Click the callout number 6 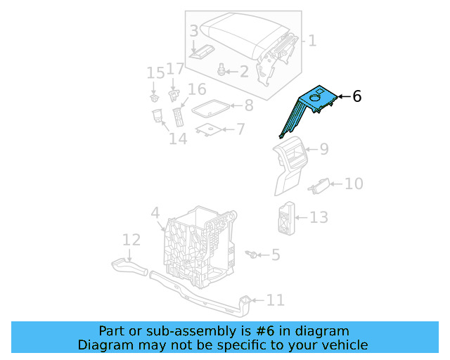pyautogui.click(x=357, y=96)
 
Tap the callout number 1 pyautogui.click(x=312, y=41)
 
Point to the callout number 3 pyautogui.click(x=193, y=31)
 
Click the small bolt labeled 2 pyautogui.click(x=223, y=70)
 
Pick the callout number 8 pyautogui.click(x=248, y=106)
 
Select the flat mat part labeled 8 pyautogui.click(x=211, y=108)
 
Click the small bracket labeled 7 pyautogui.click(x=208, y=129)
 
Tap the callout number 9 pyautogui.click(x=324, y=149)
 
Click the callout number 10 pyautogui.click(x=354, y=184)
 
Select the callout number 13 pyautogui.click(x=319, y=217)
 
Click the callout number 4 pyautogui.click(x=155, y=212)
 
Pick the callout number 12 pyautogui.click(x=131, y=240)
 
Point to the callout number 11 pyautogui.click(x=276, y=301)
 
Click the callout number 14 pyautogui.click(x=177, y=139)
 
